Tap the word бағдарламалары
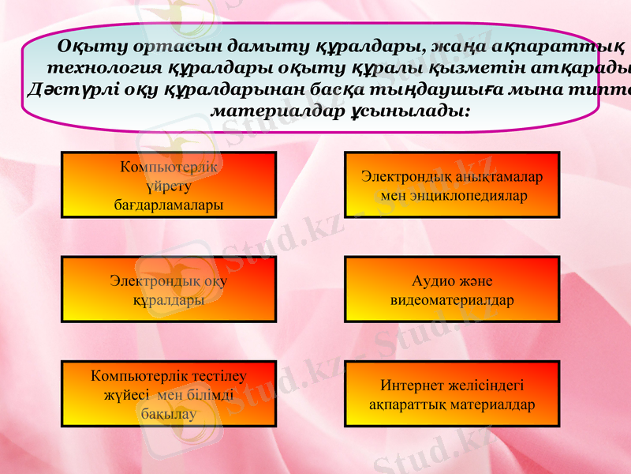(x=169, y=205)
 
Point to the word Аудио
(x=433, y=280)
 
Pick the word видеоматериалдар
(x=452, y=300)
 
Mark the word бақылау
(x=169, y=412)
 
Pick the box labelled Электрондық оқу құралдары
(x=169, y=289)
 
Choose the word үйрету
(x=169, y=186)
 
